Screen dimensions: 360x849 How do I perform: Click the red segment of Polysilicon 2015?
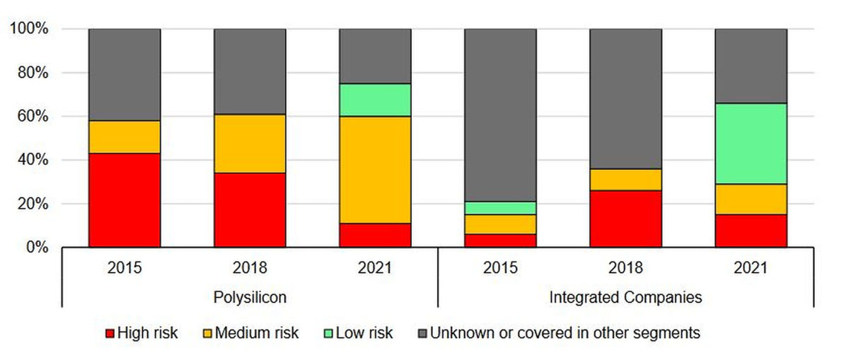pyautogui.click(x=125, y=200)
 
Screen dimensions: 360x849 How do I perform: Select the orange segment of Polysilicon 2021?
pyautogui.click(x=375, y=170)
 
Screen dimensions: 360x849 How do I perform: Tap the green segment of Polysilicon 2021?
pyautogui.click(x=375, y=100)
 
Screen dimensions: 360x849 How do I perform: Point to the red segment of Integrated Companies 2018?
pyautogui.click(x=625, y=219)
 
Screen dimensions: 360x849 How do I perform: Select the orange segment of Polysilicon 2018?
pyautogui.click(x=250, y=144)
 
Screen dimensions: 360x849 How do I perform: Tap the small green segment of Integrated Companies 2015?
pyautogui.click(x=500, y=208)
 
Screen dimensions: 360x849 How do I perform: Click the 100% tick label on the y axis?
pyautogui.click(x=29, y=29)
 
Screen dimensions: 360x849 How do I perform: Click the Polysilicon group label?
pyautogui.click(x=250, y=297)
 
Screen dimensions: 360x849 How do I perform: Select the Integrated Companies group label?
pyautogui.click(x=625, y=297)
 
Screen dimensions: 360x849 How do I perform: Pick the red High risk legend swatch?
pyautogui.click(x=109, y=333)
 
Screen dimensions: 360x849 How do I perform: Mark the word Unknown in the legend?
pyautogui.click(x=457, y=333)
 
